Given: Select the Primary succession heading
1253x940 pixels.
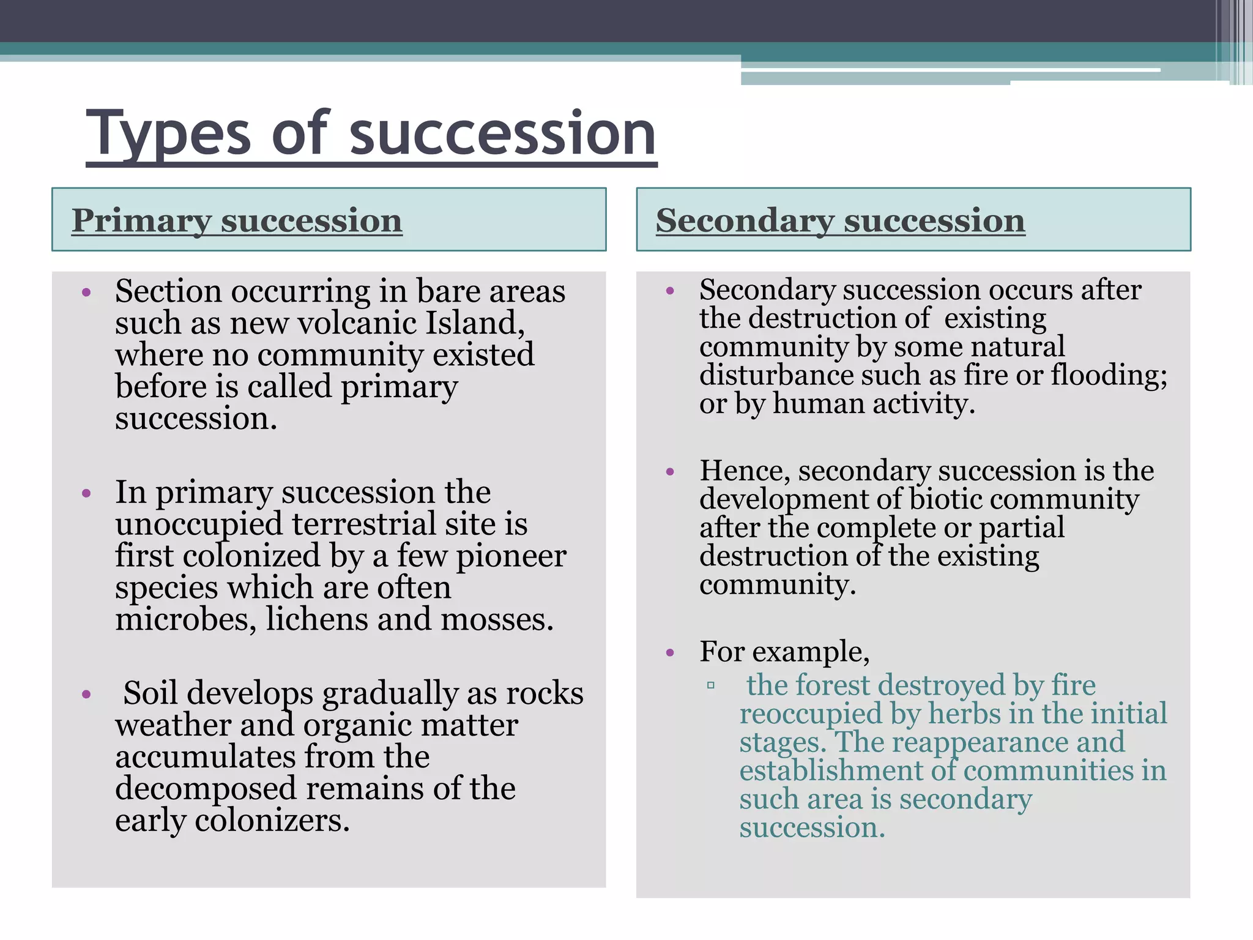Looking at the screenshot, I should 237,220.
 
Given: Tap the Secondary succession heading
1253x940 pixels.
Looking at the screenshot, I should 840,220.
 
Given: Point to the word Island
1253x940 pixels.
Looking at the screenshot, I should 474,323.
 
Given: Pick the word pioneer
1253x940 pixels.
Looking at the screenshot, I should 511,556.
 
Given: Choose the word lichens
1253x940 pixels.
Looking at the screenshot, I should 317,619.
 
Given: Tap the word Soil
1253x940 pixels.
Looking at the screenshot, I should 151,693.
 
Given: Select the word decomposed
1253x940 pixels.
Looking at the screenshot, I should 207,788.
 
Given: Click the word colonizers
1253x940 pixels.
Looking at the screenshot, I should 272,820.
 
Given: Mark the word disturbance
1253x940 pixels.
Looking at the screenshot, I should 776,375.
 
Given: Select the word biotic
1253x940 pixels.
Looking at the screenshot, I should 945,499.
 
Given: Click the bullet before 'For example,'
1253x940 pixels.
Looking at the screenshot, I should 670,653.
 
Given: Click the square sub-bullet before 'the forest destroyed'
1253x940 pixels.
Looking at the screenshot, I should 710,685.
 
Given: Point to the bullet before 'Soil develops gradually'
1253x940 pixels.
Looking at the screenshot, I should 86,695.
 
